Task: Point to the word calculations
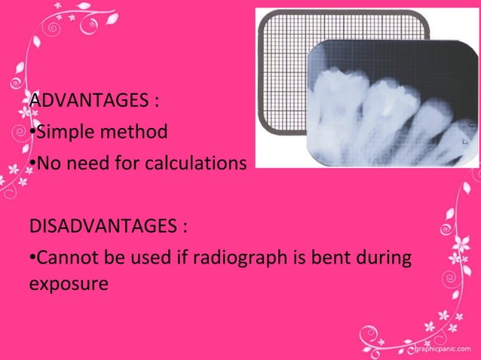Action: pos(201,163)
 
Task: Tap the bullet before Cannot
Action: pos(32,259)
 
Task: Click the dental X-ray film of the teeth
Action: pos(392,105)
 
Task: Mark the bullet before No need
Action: pos(32,164)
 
